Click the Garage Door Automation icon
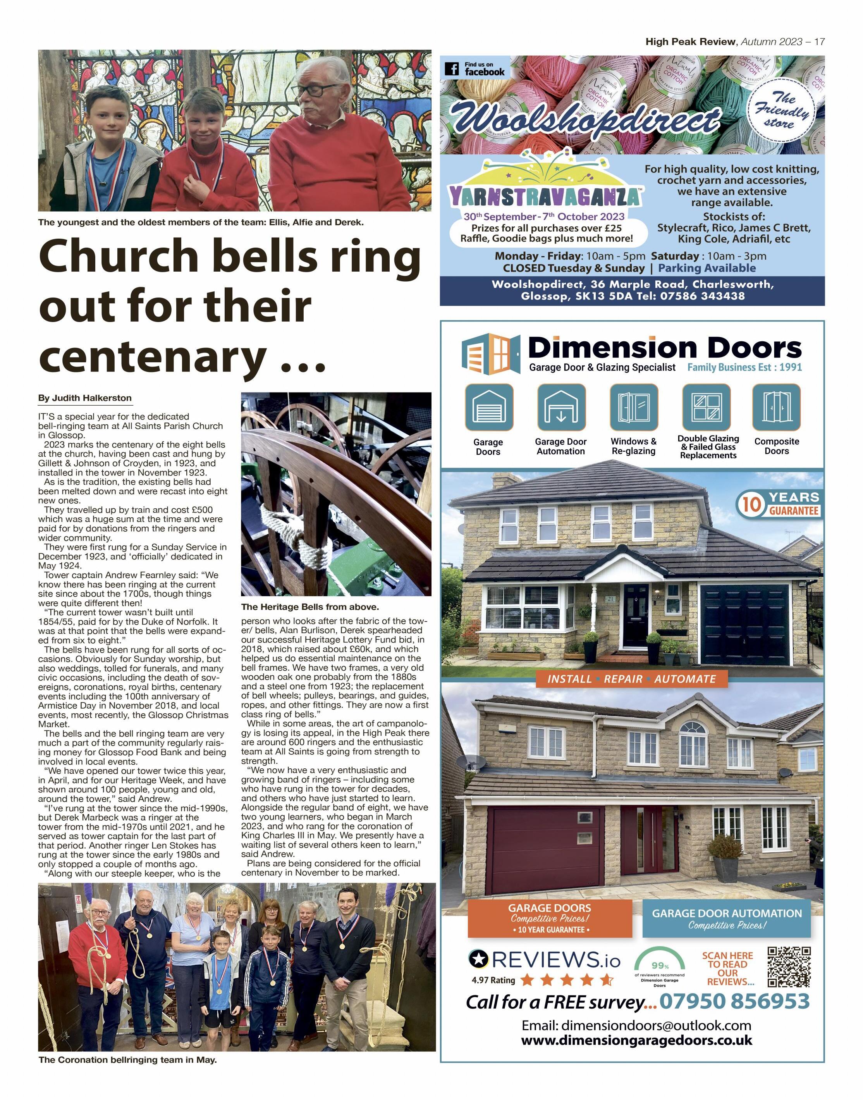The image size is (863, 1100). (x=561, y=407)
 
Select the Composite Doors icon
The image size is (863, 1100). (x=776, y=407)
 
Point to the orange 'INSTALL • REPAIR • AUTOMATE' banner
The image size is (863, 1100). (x=632, y=679)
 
